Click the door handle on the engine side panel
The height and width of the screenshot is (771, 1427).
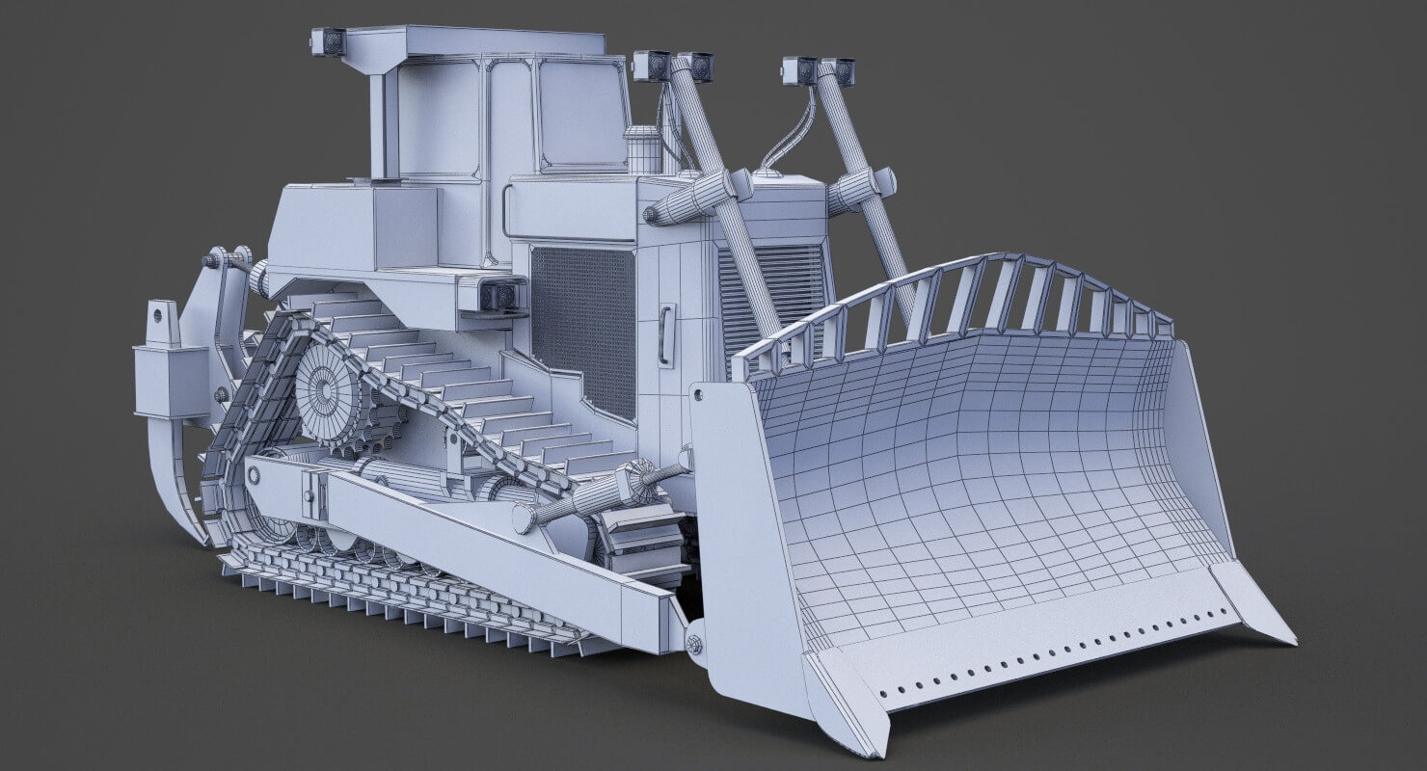click(665, 335)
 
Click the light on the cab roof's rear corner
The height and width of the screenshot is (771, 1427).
click(329, 41)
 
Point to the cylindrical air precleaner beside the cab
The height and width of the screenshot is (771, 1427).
click(641, 149)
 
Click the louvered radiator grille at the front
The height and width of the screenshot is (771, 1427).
click(771, 289)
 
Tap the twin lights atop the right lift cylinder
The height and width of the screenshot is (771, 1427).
click(820, 70)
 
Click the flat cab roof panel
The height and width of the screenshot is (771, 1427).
click(472, 41)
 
